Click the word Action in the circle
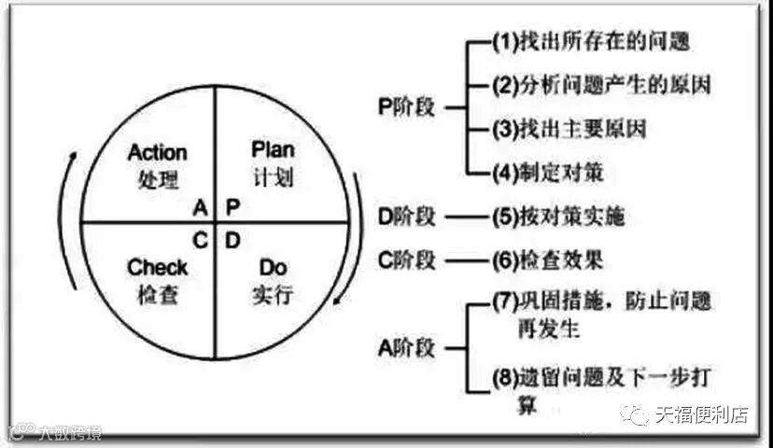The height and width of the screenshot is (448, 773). click(x=157, y=152)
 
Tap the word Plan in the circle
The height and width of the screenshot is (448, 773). click(x=273, y=149)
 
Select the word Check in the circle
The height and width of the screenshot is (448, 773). click(x=157, y=269)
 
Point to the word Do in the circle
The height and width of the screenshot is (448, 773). click(x=273, y=269)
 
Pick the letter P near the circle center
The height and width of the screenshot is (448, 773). click(x=232, y=206)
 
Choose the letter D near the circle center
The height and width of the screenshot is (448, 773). click(x=232, y=240)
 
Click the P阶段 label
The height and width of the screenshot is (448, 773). click(x=407, y=107)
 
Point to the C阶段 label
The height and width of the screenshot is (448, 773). click(x=407, y=259)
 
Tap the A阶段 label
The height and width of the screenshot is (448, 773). click(x=407, y=346)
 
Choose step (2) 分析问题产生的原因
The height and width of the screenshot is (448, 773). click(x=601, y=85)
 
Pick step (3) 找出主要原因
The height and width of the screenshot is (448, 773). click(x=569, y=128)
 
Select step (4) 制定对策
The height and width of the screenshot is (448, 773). click(x=546, y=171)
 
